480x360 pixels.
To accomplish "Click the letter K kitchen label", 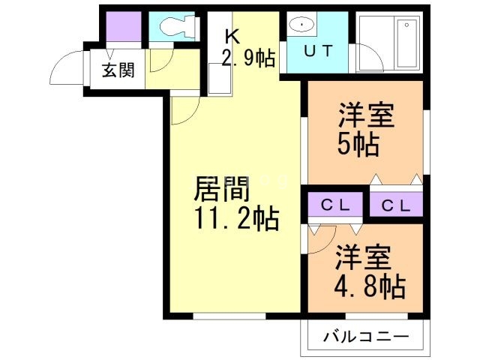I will click(232, 36).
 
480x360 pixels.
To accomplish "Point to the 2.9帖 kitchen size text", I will click(247, 57).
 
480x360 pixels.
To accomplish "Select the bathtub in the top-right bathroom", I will click(408, 42).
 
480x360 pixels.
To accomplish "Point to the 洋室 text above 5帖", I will click(366, 116).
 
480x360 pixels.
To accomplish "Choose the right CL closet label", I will click(395, 205).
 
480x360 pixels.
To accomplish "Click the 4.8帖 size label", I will click(370, 286).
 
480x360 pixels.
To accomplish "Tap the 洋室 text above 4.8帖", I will click(363, 259).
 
